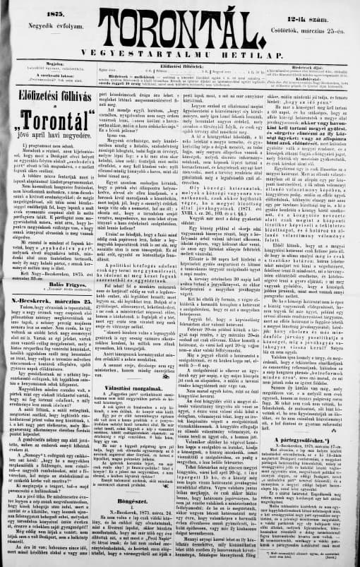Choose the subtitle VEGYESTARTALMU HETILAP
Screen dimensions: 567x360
pos(180,53)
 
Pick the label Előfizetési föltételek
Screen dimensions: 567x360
pos(179,62)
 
